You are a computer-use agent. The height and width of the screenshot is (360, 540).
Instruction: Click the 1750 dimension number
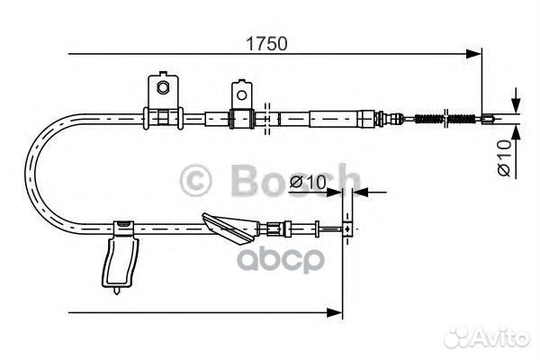[x=266, y=44]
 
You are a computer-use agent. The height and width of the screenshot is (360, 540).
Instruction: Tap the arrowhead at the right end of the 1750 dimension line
[x=473, y=54]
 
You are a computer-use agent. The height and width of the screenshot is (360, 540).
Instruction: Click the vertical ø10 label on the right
[x=505, y=157]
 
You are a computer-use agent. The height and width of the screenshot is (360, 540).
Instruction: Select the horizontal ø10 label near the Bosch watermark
[x=308, y=183]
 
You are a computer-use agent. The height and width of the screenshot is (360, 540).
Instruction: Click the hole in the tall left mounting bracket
[x=163, y=86]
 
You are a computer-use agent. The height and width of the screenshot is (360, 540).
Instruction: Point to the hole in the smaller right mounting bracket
[x=242, y=94]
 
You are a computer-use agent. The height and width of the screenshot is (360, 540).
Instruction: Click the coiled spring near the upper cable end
[x=445, y=119]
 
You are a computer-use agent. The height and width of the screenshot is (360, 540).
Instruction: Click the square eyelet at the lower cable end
[x=347, y=229]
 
